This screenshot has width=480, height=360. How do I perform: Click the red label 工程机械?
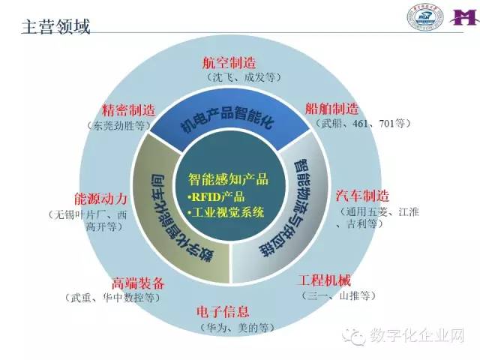coord(324,281)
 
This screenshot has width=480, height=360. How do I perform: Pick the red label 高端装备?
coord(137,283)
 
